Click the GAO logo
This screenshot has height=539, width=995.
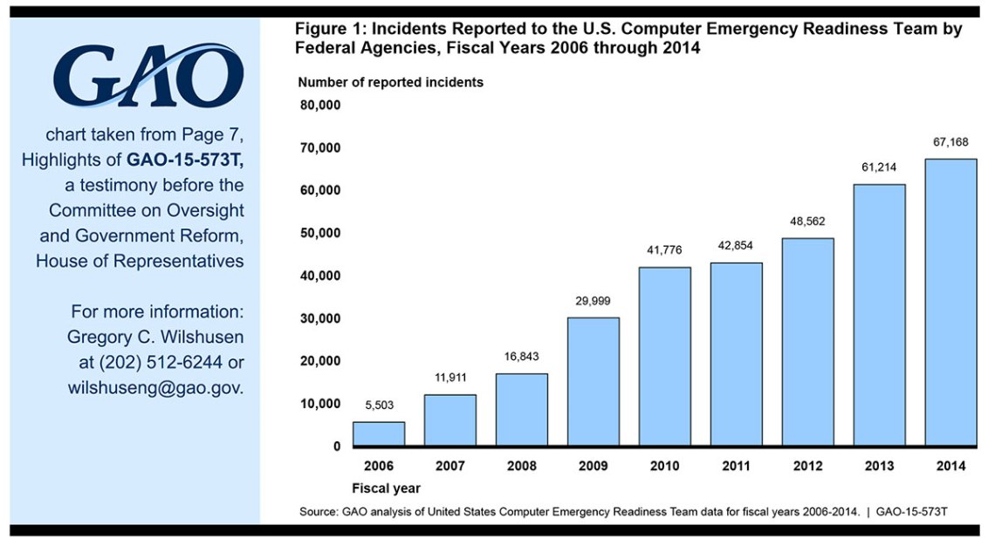[x=148, y=77]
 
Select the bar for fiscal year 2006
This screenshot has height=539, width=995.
[x=378, y=433]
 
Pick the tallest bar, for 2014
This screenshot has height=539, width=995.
[x=950, y=302]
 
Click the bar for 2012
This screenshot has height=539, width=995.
[x=807, y=341]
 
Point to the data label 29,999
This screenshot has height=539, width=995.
[x=593, y=301]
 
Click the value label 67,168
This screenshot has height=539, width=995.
[x=950, y=142]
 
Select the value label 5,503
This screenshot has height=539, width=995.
[x=378, y=406]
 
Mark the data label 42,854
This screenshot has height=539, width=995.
[x=736, y=247]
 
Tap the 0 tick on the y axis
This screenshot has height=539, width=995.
[x=336, y=446]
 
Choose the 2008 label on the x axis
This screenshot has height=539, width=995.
[x=521, y=467]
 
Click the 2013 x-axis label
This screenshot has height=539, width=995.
[x=879, y=467]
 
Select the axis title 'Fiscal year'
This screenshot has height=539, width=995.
[x=386, y=488]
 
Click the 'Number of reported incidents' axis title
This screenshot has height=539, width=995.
[x=390, y=83]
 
